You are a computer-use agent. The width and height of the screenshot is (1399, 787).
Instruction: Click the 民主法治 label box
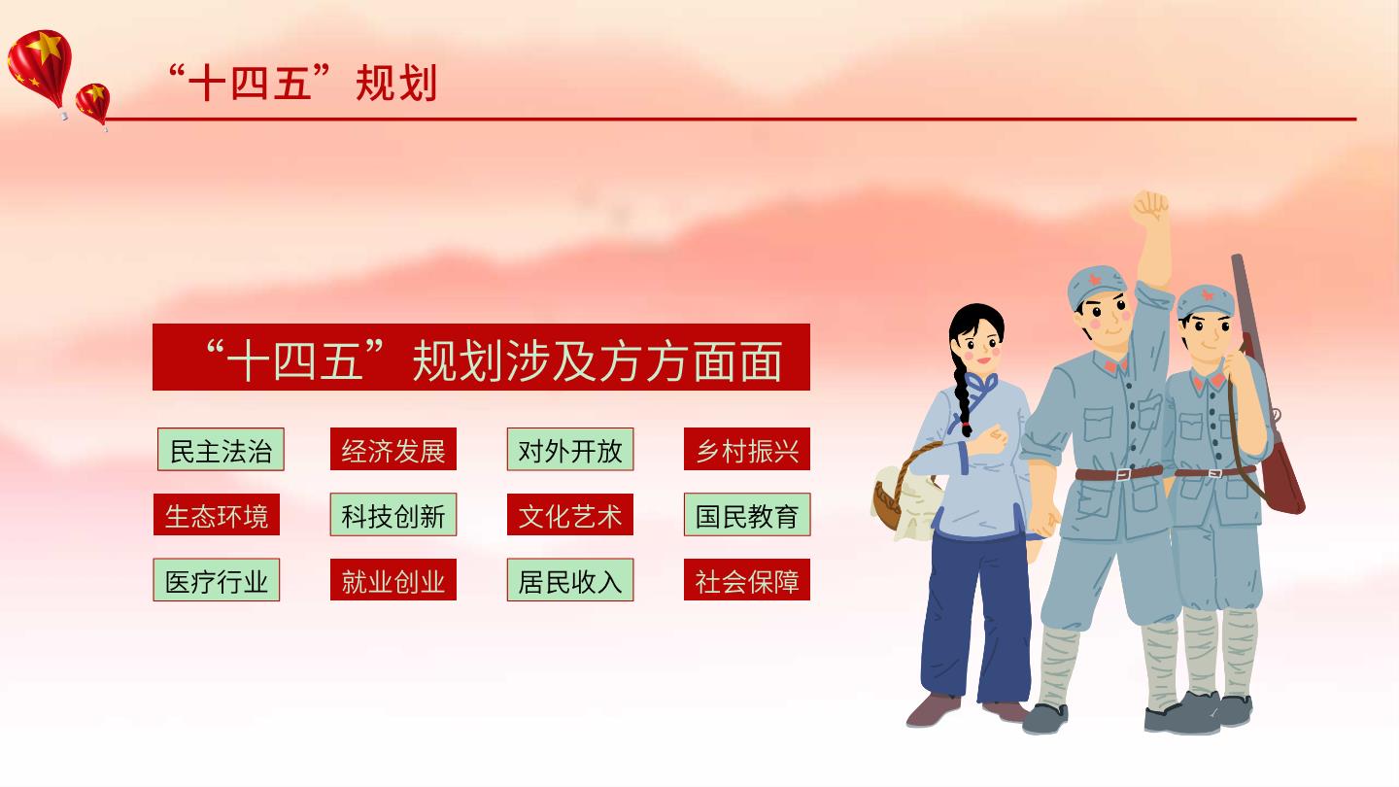coord(221,449)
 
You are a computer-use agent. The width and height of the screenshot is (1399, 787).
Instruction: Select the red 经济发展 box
coord(393,449)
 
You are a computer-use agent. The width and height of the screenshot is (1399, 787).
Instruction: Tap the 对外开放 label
coord(570,449)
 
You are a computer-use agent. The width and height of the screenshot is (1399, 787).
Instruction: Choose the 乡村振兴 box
coord(747,449)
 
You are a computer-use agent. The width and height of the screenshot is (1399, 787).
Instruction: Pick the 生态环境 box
coord(217,515)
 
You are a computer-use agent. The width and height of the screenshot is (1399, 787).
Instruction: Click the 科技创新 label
coord(393,515)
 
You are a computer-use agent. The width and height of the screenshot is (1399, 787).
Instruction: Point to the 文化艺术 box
coord(570,515)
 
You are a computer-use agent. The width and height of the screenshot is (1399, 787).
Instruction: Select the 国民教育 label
coord(747,515)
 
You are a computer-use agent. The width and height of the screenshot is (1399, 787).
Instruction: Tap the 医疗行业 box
coord(217,580)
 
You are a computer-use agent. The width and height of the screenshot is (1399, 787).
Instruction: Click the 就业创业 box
coord(393,580)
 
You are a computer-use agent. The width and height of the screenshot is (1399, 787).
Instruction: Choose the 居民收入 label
coord(570,580)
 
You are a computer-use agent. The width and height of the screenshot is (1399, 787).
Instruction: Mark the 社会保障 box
coord(747,580)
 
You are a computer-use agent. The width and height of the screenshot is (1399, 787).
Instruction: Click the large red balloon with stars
coord(40,67)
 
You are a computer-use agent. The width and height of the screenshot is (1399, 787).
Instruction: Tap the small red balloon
coord(93,104)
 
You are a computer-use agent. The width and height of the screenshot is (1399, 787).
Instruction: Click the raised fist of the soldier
coord(1149,207)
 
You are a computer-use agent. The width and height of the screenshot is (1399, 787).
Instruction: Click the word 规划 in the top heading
coord(396,84)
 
